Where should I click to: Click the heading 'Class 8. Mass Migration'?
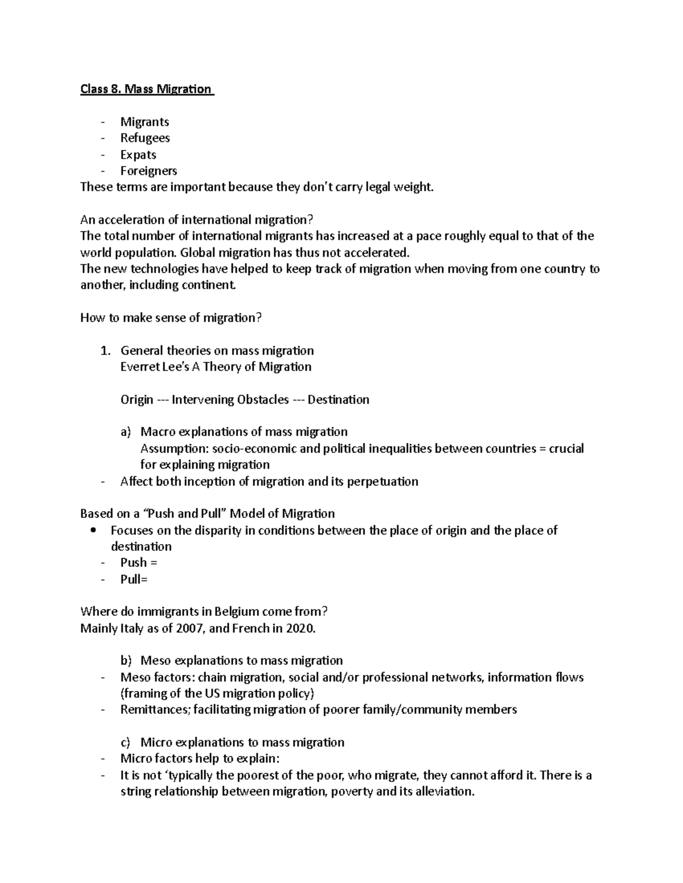[146, 89]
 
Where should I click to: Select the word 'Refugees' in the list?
[145, 138]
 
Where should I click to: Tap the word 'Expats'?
[138, 155]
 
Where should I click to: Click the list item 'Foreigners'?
[149, 171]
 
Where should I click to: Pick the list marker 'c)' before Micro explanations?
[125, 743]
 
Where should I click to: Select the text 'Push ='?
[138, 563]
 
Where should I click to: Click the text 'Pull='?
[134, 579]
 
